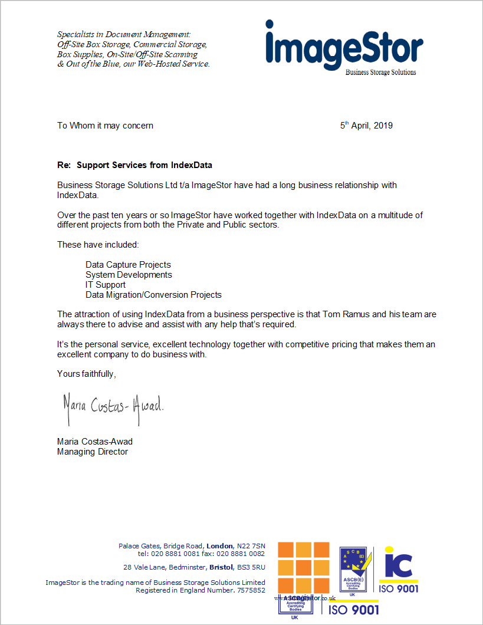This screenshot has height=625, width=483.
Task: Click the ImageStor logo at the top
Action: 344,46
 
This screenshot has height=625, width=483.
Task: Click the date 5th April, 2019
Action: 366,125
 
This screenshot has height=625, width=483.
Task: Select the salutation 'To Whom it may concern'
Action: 105,125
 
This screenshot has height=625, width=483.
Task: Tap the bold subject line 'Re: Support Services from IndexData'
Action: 134,165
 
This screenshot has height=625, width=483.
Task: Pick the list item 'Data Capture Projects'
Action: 128,265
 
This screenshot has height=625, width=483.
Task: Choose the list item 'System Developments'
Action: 129,275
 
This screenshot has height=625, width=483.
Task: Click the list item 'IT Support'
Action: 106,285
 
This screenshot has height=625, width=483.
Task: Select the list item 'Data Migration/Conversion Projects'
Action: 153,294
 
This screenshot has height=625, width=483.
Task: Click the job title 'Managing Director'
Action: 93,452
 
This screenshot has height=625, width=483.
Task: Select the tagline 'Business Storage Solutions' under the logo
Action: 380,72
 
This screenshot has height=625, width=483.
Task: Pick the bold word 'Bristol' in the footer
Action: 221,567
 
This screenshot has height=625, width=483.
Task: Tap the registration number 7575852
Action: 251,590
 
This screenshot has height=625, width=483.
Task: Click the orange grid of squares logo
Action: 304,567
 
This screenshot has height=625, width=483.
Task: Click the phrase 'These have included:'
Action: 98,245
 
